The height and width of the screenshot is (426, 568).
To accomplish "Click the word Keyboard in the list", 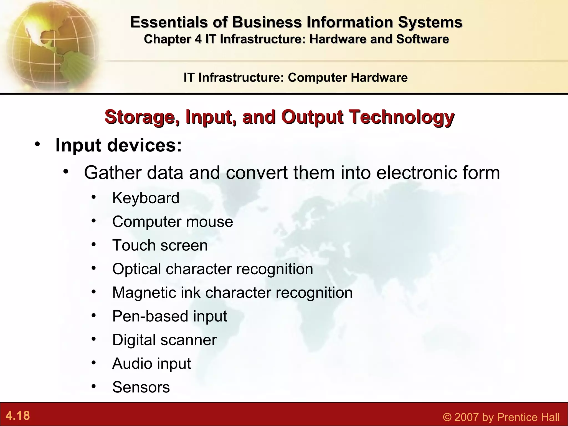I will point(146,198).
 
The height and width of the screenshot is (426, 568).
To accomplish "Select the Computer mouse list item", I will point(172,222).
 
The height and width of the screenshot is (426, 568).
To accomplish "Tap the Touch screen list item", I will point(160,245).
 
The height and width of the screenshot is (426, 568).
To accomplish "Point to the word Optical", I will point(136,269).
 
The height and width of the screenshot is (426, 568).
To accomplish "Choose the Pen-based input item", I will point(169,316).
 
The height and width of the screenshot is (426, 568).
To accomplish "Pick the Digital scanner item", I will point(164,340).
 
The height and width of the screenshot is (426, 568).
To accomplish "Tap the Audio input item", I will point(151,363).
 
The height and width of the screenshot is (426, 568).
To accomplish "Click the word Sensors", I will point(141,387).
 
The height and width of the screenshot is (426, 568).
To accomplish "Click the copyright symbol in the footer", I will point(447,417).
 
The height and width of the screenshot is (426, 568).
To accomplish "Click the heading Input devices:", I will point(119,145).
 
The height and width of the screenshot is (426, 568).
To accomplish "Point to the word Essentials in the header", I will point(169,22).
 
